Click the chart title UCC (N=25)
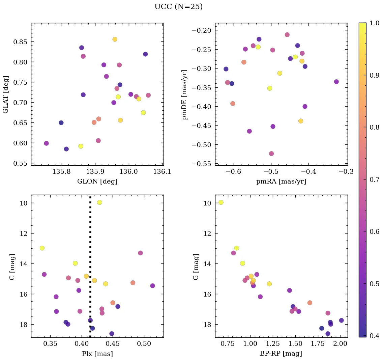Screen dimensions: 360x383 178,7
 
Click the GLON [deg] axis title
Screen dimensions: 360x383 97,182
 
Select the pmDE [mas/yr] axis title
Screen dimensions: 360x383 185,94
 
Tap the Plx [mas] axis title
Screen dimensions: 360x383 97,354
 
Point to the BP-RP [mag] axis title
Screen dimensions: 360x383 281,354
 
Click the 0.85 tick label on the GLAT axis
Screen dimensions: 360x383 19,42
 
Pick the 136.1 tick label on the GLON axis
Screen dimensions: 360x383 162,172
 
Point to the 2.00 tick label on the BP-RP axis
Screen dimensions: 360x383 341,344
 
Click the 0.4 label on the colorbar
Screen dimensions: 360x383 374,336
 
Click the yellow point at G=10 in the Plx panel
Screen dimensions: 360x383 99,202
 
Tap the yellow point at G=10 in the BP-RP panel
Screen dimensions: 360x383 221,202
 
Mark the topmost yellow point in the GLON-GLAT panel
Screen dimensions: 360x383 115,39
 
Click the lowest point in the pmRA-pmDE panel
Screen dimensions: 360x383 271,154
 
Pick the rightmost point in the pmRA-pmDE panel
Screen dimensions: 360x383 336,82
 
